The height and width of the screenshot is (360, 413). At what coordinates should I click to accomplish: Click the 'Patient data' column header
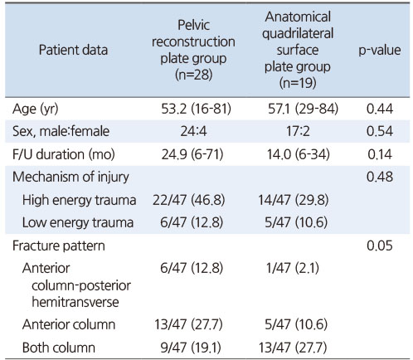click(73, 50)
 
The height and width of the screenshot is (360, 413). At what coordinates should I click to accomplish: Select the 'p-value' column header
click(380, 51)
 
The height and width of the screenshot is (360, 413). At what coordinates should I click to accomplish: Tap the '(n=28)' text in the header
click(193, 75)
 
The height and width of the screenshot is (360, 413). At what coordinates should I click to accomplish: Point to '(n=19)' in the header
click(298, 83)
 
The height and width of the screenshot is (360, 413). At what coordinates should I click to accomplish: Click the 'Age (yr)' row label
click(36, 109)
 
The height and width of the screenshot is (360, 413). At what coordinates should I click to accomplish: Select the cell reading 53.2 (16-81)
click(197, 109)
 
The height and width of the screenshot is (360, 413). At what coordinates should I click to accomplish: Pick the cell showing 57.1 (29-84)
click(304, 109)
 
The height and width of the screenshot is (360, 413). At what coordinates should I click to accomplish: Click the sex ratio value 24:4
click(193, 131)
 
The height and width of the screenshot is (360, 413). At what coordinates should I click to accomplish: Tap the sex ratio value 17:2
click(298, 131)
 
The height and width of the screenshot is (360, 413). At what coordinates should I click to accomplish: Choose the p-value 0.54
click(380, 131)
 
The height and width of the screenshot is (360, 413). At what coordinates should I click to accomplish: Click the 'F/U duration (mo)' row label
click(64, 154)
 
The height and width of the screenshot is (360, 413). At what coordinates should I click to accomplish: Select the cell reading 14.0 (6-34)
click(299, 154)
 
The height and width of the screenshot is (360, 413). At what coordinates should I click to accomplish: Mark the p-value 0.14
click(380, 154)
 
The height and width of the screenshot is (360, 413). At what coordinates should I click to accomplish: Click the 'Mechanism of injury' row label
click(70, 177)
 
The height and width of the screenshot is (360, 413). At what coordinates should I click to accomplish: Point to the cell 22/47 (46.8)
click(189, 200)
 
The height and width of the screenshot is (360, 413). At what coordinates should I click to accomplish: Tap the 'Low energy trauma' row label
click(78, 222)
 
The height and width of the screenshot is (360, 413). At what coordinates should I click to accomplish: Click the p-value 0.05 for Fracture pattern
click(380, 246)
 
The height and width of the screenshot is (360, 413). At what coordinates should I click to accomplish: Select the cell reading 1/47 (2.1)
click(293, 268)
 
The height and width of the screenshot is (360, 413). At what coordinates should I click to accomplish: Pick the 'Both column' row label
click(59, 348)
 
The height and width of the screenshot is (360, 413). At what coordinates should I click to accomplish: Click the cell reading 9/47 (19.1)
click(191, 348)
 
